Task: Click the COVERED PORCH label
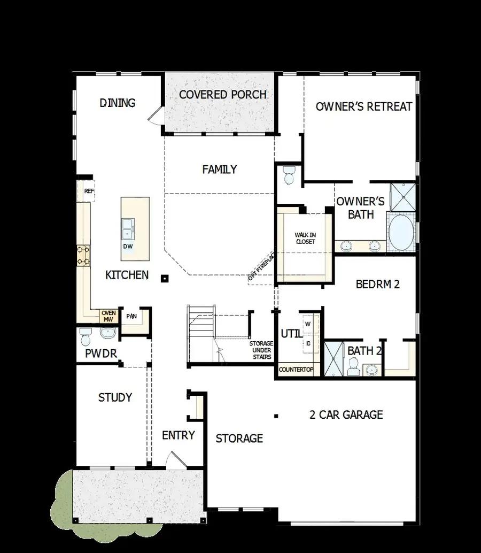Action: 222,95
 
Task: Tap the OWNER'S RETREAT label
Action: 363,106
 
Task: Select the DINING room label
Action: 118,103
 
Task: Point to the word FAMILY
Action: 219,170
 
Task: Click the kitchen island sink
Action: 128,229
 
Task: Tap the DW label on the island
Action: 128,247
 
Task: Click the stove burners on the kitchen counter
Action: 83,255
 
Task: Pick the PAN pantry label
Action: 131,316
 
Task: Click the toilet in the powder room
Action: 86,337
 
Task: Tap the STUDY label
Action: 115,397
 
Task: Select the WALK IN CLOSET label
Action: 305,239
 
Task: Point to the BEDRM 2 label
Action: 377,285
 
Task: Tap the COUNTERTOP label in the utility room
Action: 296,370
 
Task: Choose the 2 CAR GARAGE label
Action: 346,414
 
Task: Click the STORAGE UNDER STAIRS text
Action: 261,350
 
